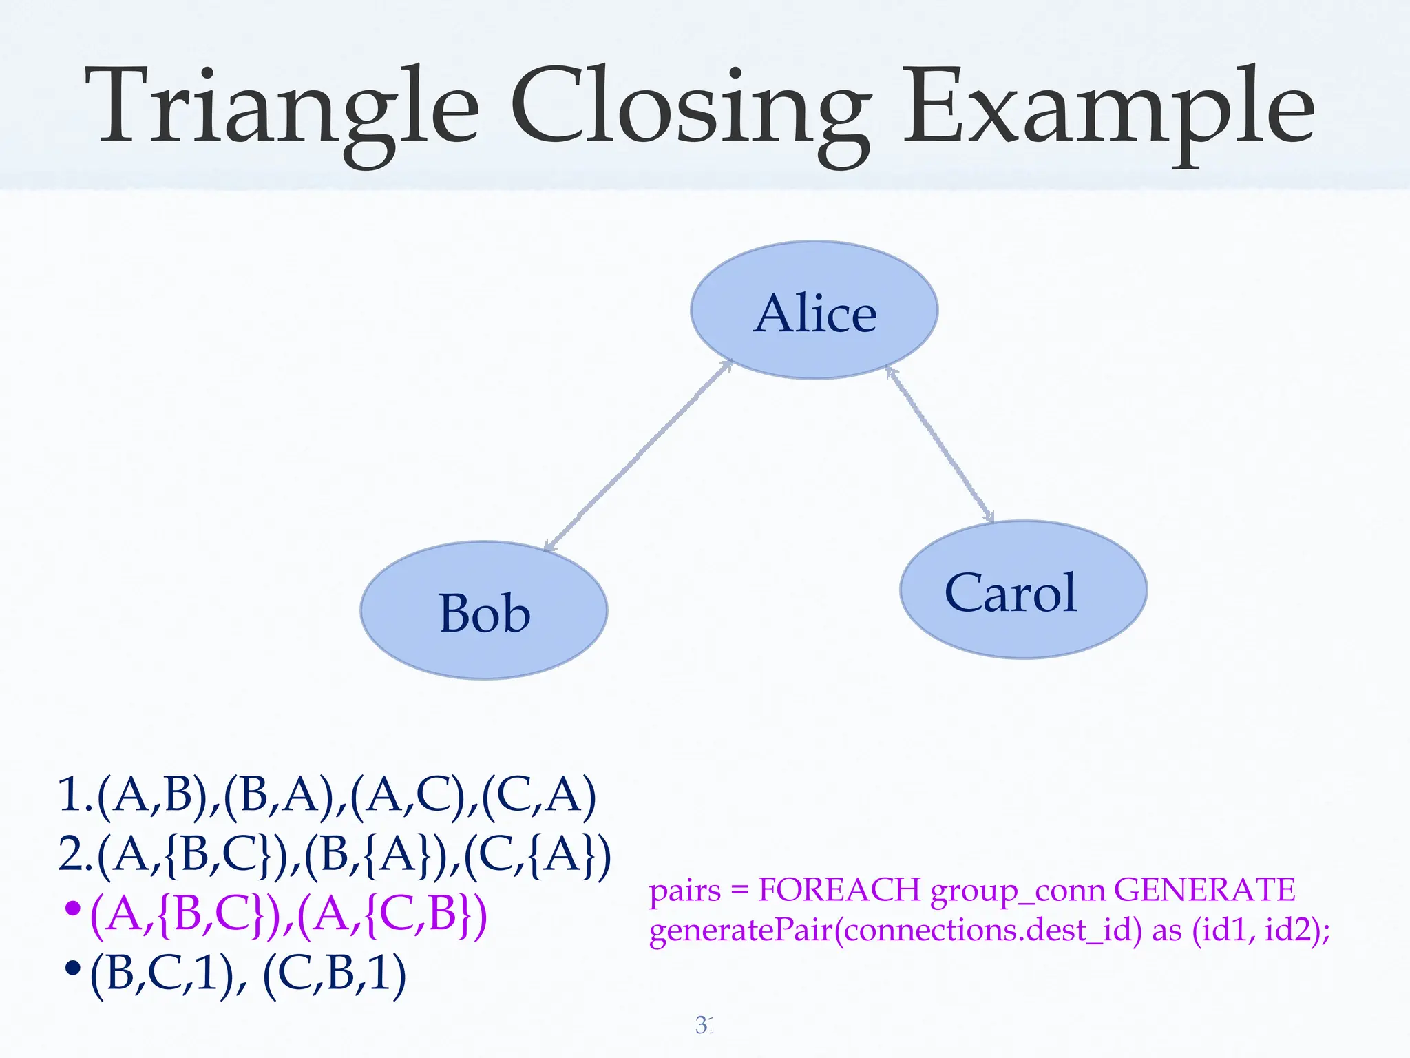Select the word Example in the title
(1108, 110)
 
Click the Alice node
(814, 311)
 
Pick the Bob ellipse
(484, 611)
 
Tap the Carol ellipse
(1023, 590)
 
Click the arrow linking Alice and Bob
(638, 456)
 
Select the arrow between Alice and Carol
(940, 444)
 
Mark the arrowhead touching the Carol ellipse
(989, 515)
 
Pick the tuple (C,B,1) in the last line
(335, 975)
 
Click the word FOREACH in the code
(839, 890)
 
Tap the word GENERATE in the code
(1204, 890)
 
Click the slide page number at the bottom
(704, 1025)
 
